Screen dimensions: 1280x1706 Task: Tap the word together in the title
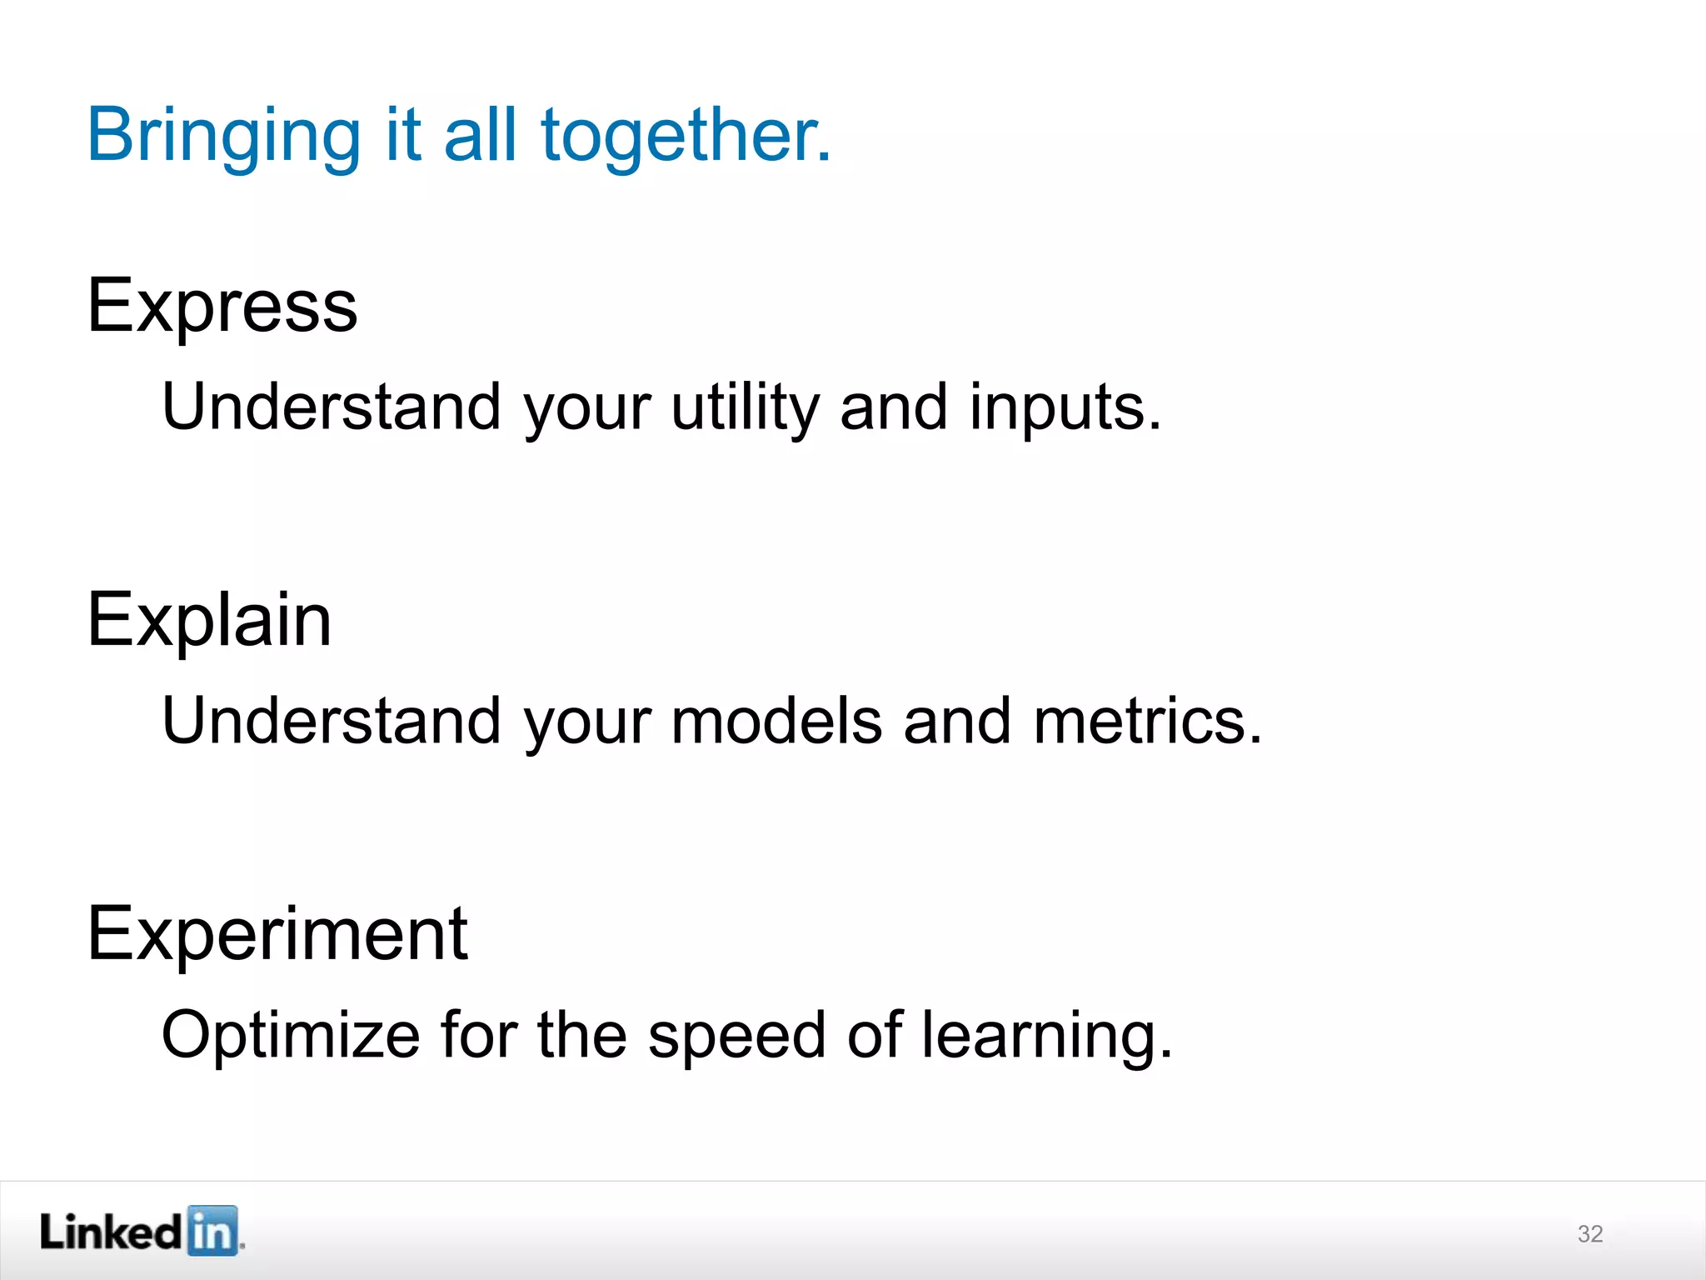(686, 136)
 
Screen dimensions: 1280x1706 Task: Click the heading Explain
(209, 621)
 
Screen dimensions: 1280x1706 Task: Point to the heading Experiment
(277, 935)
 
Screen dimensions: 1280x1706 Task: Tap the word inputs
(1065, 408)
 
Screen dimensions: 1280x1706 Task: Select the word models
(776, 722)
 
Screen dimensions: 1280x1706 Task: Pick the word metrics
(1147, 722)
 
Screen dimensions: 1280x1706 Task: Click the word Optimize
(291, 1035)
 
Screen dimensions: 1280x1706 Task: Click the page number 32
(1590, 1234)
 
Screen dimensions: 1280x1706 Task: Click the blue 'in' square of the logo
(212, 1231)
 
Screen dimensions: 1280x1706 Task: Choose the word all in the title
(481, 136)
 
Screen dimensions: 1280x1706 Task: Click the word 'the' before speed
(581, 1035)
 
